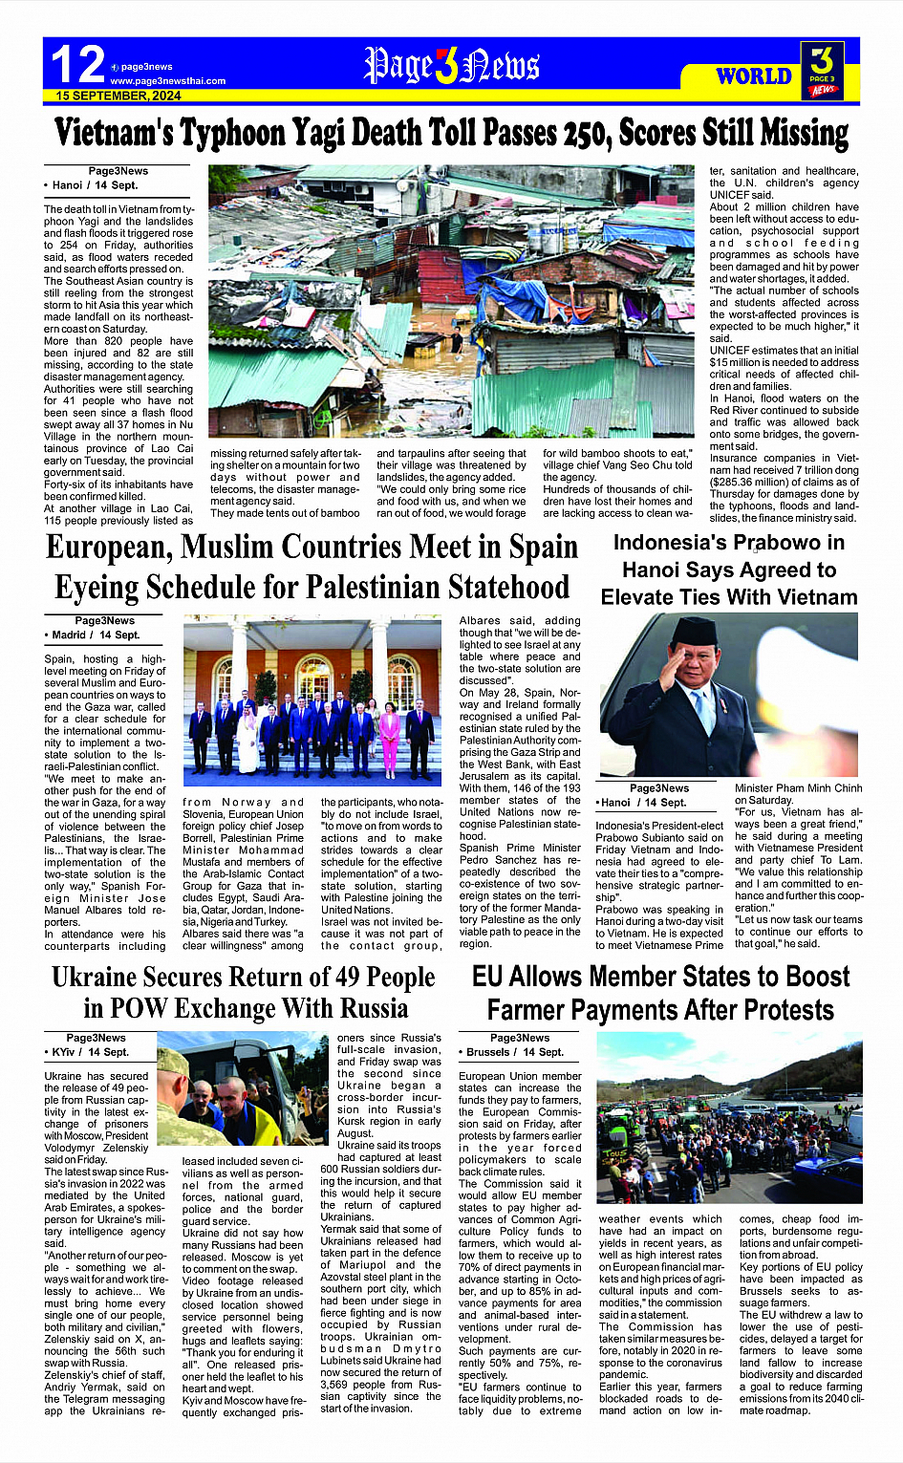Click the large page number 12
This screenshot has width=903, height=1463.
(x=77, y=65)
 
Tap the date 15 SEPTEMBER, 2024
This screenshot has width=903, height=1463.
(x=118, y=96)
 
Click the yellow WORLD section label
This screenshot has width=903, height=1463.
(x=754, y=76)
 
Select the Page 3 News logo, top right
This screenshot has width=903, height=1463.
(x=822, y=70)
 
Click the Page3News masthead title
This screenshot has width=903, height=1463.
(x=452, y=66)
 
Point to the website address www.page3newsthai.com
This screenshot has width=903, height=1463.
(x=168, y=81)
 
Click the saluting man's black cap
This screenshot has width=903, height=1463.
(x=694, y=631)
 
